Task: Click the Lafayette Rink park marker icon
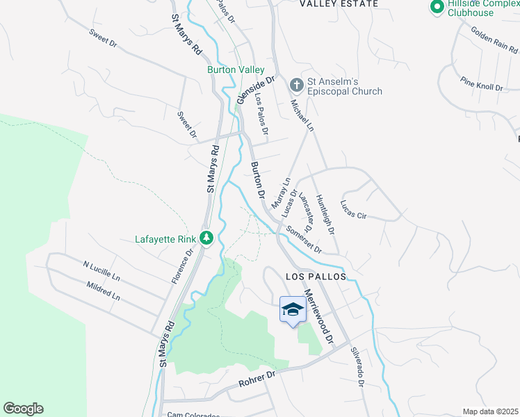pos(206,238)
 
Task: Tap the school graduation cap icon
pos(293,309)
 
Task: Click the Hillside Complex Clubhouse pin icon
pos(437,8)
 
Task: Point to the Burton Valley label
pos(236,69)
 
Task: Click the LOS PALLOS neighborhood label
pos(316,276)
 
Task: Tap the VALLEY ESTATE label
pos(339,4)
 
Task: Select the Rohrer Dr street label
pos(257,376)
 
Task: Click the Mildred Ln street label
pos(104,291)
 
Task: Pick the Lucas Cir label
pos(352,209)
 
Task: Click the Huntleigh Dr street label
pos(325,213)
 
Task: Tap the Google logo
pos(23,409)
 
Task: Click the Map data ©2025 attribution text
pos(490,411)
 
